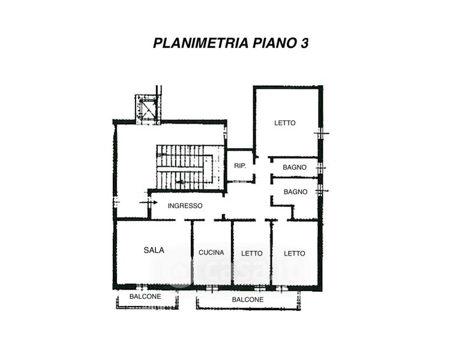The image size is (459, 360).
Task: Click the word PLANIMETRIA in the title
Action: click(201, 43)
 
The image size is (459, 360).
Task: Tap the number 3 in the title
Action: click(304, 43)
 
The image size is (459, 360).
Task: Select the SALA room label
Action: click(154, 250)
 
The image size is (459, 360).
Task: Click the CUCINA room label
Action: click(211, 253)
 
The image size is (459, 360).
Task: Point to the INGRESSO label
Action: click(185, 206)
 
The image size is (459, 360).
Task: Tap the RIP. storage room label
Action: click(240, 166)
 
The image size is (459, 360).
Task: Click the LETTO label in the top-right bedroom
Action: click(285, 123)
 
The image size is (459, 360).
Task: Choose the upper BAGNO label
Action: click(295, 167)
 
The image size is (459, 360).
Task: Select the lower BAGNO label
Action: click(295, 192)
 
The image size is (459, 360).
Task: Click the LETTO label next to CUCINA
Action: click(252, 253)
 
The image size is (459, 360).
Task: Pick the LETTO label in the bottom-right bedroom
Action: click(295, 253)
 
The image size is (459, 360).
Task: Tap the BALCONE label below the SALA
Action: click(145, 296)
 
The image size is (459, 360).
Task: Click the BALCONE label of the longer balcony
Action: click(248, 300)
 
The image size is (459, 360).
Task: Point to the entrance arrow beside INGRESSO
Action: click(148, 202)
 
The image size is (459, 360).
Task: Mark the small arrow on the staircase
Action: click(181, 182)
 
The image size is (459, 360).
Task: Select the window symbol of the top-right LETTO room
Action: click(321, 133)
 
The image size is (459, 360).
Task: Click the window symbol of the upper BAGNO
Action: click(321, 168)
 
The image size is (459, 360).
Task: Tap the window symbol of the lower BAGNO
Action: click(321, 191)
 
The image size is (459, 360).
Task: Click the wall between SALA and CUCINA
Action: click(193, 252)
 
